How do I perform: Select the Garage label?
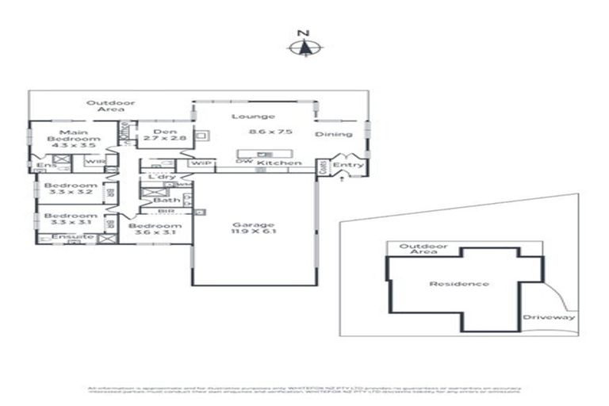254,224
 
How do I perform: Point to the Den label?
164,132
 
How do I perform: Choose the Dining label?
334,134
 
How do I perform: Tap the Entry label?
348,165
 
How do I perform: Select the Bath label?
167,200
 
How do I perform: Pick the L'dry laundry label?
162,176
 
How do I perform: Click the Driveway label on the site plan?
550,318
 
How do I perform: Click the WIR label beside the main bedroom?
94,162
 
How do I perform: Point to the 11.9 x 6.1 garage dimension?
254,232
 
